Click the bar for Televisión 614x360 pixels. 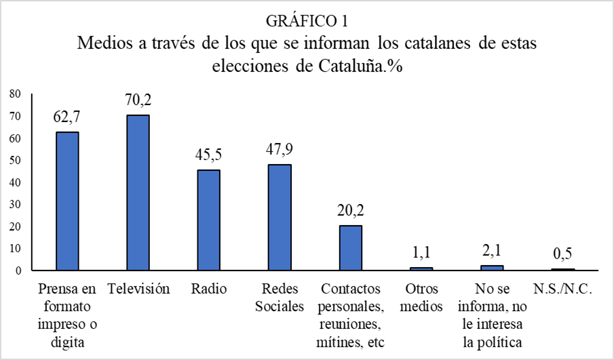(x=138, y=193)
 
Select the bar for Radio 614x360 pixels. (x=208, y=220)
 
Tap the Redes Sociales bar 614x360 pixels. (x=279, y=218)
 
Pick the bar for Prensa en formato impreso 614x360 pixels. (x=67, y=201)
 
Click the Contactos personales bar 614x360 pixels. (x=350, y=248)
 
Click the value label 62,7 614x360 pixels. (x=66, y=117)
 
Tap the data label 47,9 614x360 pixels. (x=279, y=150)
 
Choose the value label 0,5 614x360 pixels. (x=562, y=254)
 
